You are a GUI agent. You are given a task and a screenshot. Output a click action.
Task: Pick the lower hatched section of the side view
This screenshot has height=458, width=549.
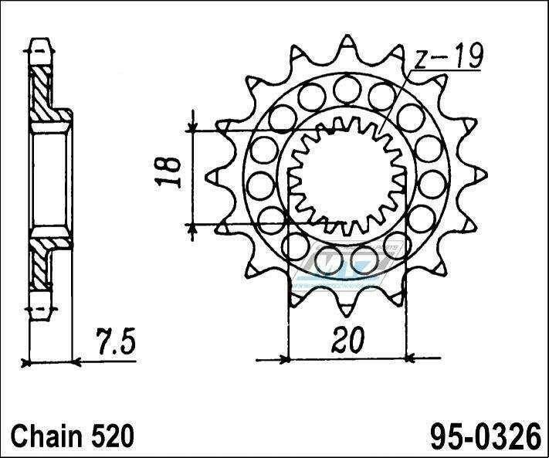click(40, 266)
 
